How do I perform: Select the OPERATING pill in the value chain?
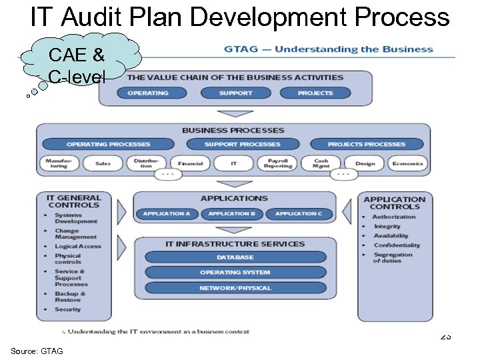click(x=148, y=93)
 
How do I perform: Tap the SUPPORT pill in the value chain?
click(x=236, y=93)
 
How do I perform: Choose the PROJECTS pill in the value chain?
click(x=315, y=93)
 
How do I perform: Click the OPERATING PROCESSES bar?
click(x=109, y=144)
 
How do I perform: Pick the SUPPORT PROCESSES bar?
click(x=243, y=144)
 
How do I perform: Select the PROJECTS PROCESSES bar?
click(x=366, y=144)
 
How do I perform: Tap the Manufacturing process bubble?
click(x=59, y=163)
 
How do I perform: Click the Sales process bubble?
click(x=103, y=163)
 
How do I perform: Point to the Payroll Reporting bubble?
click(x=277, y=163)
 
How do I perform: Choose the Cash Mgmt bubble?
click(x=321, y=163)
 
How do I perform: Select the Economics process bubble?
click(x=407, y=163)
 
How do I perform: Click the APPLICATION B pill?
click(x=232, y=213)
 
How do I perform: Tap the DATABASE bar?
click(x=235, y=257)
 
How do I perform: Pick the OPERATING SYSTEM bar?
click(x=235, y=272)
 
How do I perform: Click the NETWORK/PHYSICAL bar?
click(x=235, y=288)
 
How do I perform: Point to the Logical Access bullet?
click(x=77, y=247)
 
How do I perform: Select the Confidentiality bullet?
click(x=397, y=245)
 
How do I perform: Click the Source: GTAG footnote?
click(x=37, y=351)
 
